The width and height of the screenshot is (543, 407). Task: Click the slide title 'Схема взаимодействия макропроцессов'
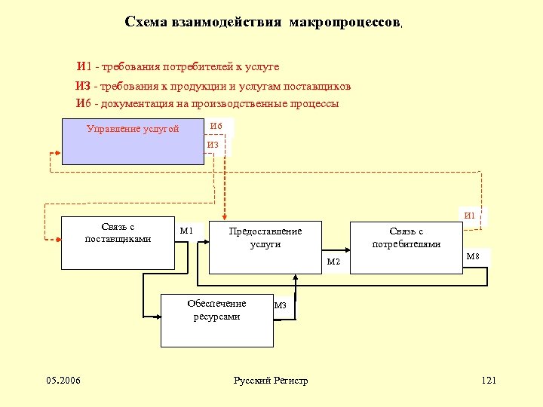click(x=263, y=23)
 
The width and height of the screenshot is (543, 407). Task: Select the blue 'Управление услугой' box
click(x=133, y=141)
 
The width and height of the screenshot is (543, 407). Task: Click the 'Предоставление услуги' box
click(x=265, y=246)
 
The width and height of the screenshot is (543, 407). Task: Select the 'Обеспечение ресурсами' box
click(x=217, y=320)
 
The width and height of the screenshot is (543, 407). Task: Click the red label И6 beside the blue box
click(x=216, y=125)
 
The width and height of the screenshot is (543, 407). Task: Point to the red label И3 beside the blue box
click(x=213, y=145)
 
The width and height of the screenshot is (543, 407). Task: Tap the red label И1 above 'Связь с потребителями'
click(x=470, y=216)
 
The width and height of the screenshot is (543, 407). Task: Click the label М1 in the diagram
click(x=186, y=231)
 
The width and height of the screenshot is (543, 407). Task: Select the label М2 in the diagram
click(x=333, y=262)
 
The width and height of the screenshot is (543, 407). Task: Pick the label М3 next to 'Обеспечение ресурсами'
click(x=281, y=305)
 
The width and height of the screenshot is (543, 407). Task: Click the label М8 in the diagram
click(x=473, y=257)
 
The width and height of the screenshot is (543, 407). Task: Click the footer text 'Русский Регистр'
click(x=271, y=381)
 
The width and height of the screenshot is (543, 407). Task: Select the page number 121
click(x=489, y=380)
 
